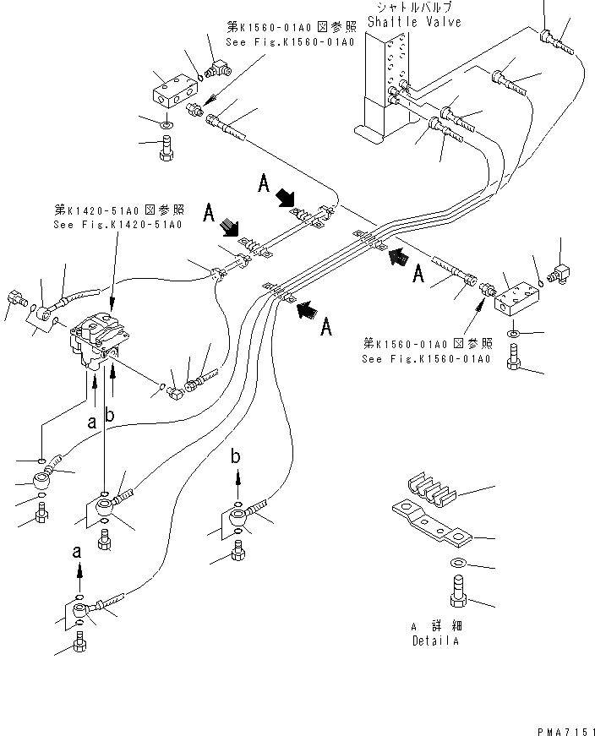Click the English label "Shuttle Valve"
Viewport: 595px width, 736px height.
pos(414,23)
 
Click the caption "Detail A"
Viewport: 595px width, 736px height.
pos(436,641)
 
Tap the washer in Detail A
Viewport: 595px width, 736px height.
pos(456,563)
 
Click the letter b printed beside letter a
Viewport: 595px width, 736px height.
pos(108,414)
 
